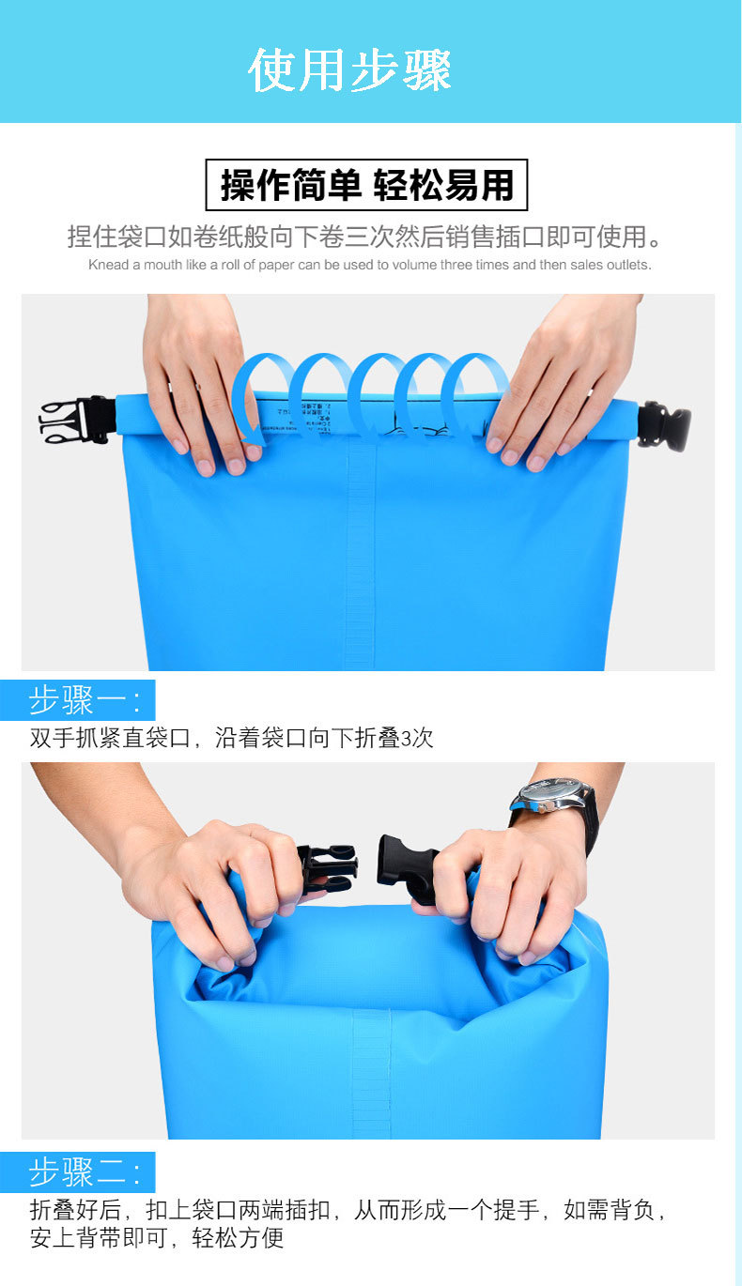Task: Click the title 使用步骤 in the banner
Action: pos(349,70)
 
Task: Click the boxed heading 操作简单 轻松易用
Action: pos(366,185)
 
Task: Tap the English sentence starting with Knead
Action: pos(369,265)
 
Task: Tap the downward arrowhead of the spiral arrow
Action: pos(248,433)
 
